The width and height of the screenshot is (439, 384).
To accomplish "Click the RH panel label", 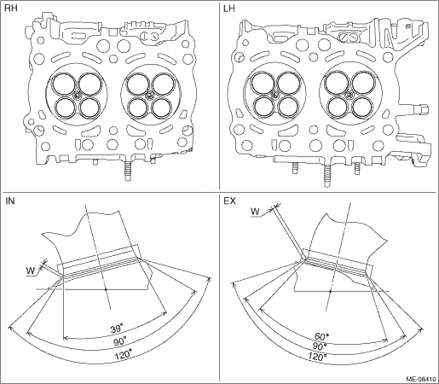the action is click(x=11, y=9).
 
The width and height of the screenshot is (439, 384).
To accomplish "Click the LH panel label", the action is click(x=229, y=9).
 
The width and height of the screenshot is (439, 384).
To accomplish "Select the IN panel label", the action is click(x=10, y=201).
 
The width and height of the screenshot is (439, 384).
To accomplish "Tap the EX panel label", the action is click(x=229, y=201).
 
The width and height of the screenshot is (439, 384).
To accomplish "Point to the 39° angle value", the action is click(x=117, y=329).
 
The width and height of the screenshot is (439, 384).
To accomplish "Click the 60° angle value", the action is click(x=321, y=336).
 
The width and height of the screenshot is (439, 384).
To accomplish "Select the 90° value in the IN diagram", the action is click(x=119, y=341).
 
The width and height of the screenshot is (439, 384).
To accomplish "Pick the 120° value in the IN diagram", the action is click(x=124, y=355).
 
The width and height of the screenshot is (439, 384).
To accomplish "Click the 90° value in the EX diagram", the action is click(x=320, y=346).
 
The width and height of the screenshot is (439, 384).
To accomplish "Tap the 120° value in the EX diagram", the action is click(x=317, y=356).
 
